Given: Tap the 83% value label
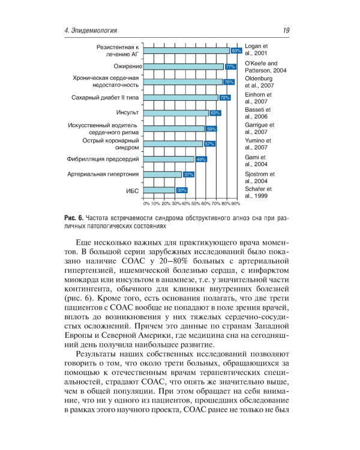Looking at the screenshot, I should pos(236,51).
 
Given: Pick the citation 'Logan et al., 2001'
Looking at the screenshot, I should pos(259,50).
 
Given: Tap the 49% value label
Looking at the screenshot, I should pos(201,159).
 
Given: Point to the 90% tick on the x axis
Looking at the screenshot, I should pos(236,204).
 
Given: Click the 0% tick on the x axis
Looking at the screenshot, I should pos(146,204).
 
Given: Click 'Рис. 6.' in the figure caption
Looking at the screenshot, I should pos(72,217).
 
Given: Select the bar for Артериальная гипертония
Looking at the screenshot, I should pos(164,174).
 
